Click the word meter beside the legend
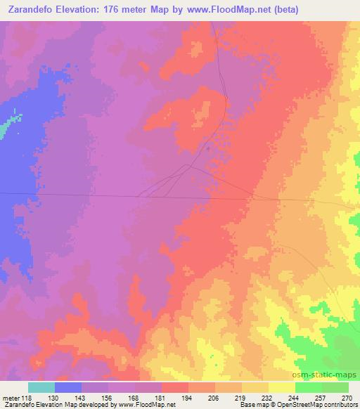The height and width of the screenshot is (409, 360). pyautogui.click(x=10, y=398)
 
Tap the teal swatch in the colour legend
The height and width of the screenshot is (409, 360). pyautogui.click(x=41, y=387)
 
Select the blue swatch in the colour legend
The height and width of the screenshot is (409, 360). pyautogui.click(x=68, y=387)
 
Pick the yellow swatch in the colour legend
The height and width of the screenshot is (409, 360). pyautogui.click(x=282, y=387)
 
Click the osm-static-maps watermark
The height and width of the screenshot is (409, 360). pyautogui.click(x=330, y=375)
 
